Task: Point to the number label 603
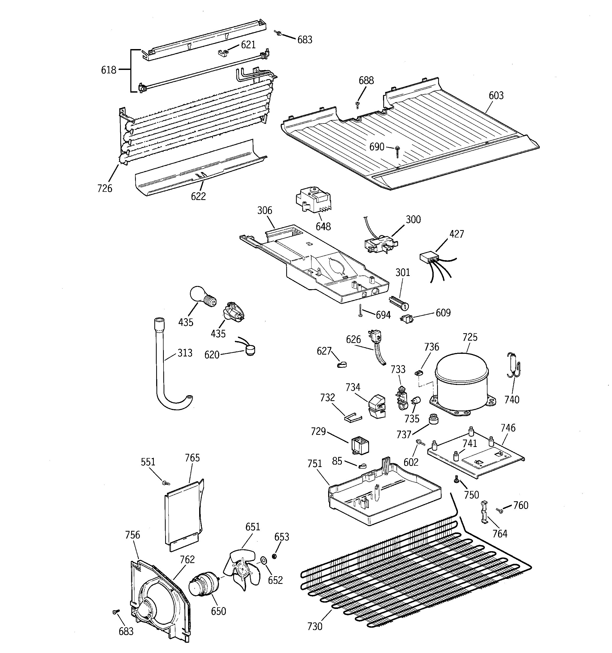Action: tap(496, 96)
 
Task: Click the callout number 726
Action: tap(104, 188)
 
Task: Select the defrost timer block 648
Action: tap(313, 199)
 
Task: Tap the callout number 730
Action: tap(314, 626)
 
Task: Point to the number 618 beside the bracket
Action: tap(109, 70)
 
